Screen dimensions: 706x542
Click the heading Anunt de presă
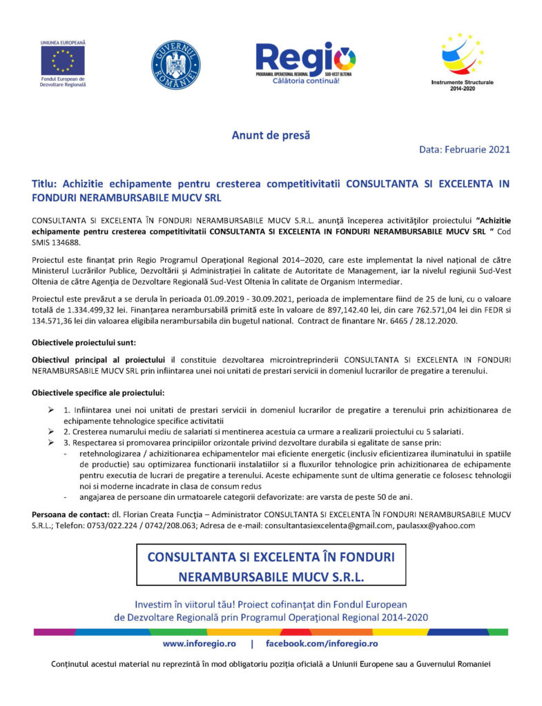click(x=271, y=135)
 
